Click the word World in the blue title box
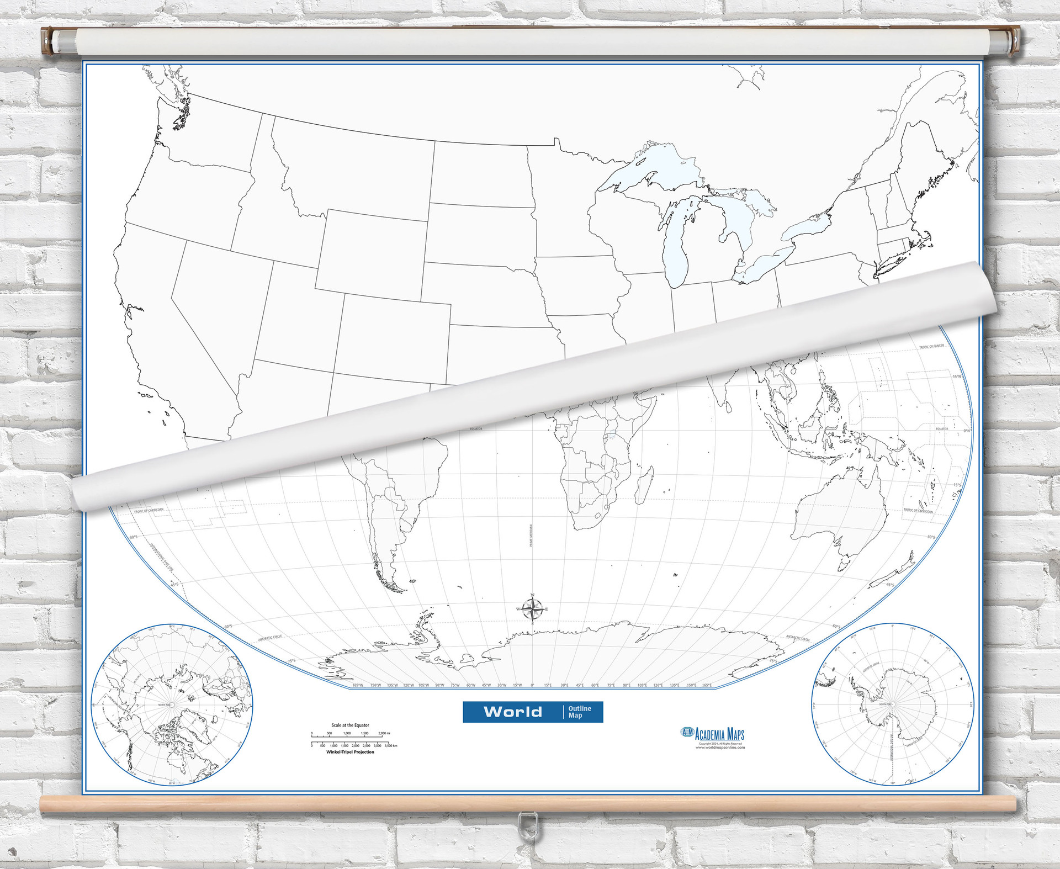pyautogui.click(x=512, y=712)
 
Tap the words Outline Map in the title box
pyautogui.click(x=579, y=712)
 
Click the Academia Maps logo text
pyautogui.click(x=719, y=734)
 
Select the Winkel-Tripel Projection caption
pyautogui.click(x=350, y=752)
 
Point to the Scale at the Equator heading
pyautogui.click(x=350, y=725)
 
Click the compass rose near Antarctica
pyautogui.click(x=532, y=610)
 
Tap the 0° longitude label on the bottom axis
pyautogui.click(x=532, y=685)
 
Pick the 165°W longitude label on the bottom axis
pyautogui.click(x=358, y=685)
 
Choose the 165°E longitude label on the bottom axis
pyautogui.click(x=707, y=685)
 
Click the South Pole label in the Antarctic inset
pyautogui.click(x=886, y=704)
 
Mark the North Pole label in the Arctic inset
pyautogui.click(x=165, y=705)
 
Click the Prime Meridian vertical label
pyautogui.click(x=531, y=536)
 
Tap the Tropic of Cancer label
pyautogui.click(x=931, y=347)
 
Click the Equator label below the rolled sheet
pyautogui.click(x=476, y=429)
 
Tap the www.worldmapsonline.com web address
pyautogui.click(x=720, y=748)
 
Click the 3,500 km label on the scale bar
pyautogui.click(x=391, y=745)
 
